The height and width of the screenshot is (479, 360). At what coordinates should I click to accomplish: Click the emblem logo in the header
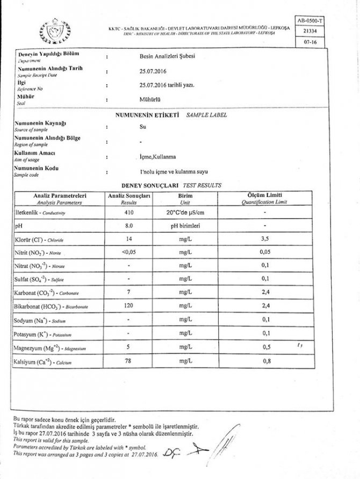coord(55,30)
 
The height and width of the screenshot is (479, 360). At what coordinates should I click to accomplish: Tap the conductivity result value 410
coord(128,213)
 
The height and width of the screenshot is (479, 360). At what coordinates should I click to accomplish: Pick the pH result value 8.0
coord(128,226)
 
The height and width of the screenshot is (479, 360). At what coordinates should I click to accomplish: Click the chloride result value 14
coord(128,239)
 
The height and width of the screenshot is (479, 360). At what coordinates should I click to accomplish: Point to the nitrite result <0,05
coord(128,252)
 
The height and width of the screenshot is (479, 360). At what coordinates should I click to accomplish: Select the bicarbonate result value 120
coord(128,306)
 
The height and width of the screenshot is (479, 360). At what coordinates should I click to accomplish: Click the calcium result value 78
coord(128,362)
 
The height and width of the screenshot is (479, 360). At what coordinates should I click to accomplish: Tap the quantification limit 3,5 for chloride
coord(265,239)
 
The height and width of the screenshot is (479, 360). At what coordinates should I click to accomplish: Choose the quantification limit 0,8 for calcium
coord(265,362)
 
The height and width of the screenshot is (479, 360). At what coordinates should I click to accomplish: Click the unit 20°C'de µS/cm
coord(185,213)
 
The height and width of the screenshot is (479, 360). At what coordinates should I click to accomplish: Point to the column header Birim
coord(185,195)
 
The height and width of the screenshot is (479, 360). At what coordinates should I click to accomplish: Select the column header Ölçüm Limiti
coord(265,195)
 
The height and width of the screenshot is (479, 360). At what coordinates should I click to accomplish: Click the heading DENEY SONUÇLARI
coord(148,184)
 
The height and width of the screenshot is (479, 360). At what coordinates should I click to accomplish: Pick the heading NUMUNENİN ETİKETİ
coord(147,115)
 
